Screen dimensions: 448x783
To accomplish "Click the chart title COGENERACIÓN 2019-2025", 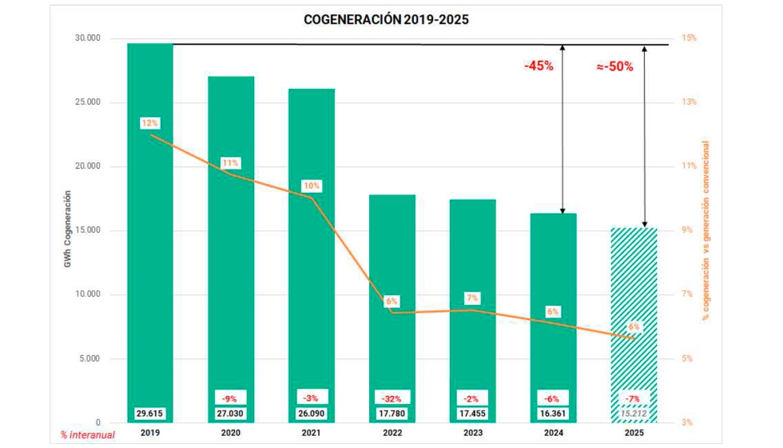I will [386, 19].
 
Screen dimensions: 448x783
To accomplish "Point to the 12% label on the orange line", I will [149, 123].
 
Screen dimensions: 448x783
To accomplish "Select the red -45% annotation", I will [539, 66].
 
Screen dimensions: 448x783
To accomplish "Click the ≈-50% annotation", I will [614, 66].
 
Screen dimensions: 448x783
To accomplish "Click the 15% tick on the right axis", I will [688, 38].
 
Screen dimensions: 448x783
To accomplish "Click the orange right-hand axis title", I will [705, 230].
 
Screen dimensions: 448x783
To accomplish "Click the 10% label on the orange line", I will [311, 186].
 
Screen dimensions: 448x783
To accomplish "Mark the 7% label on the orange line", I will [472, 298].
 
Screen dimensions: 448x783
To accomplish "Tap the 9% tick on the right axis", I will [688, 230].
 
